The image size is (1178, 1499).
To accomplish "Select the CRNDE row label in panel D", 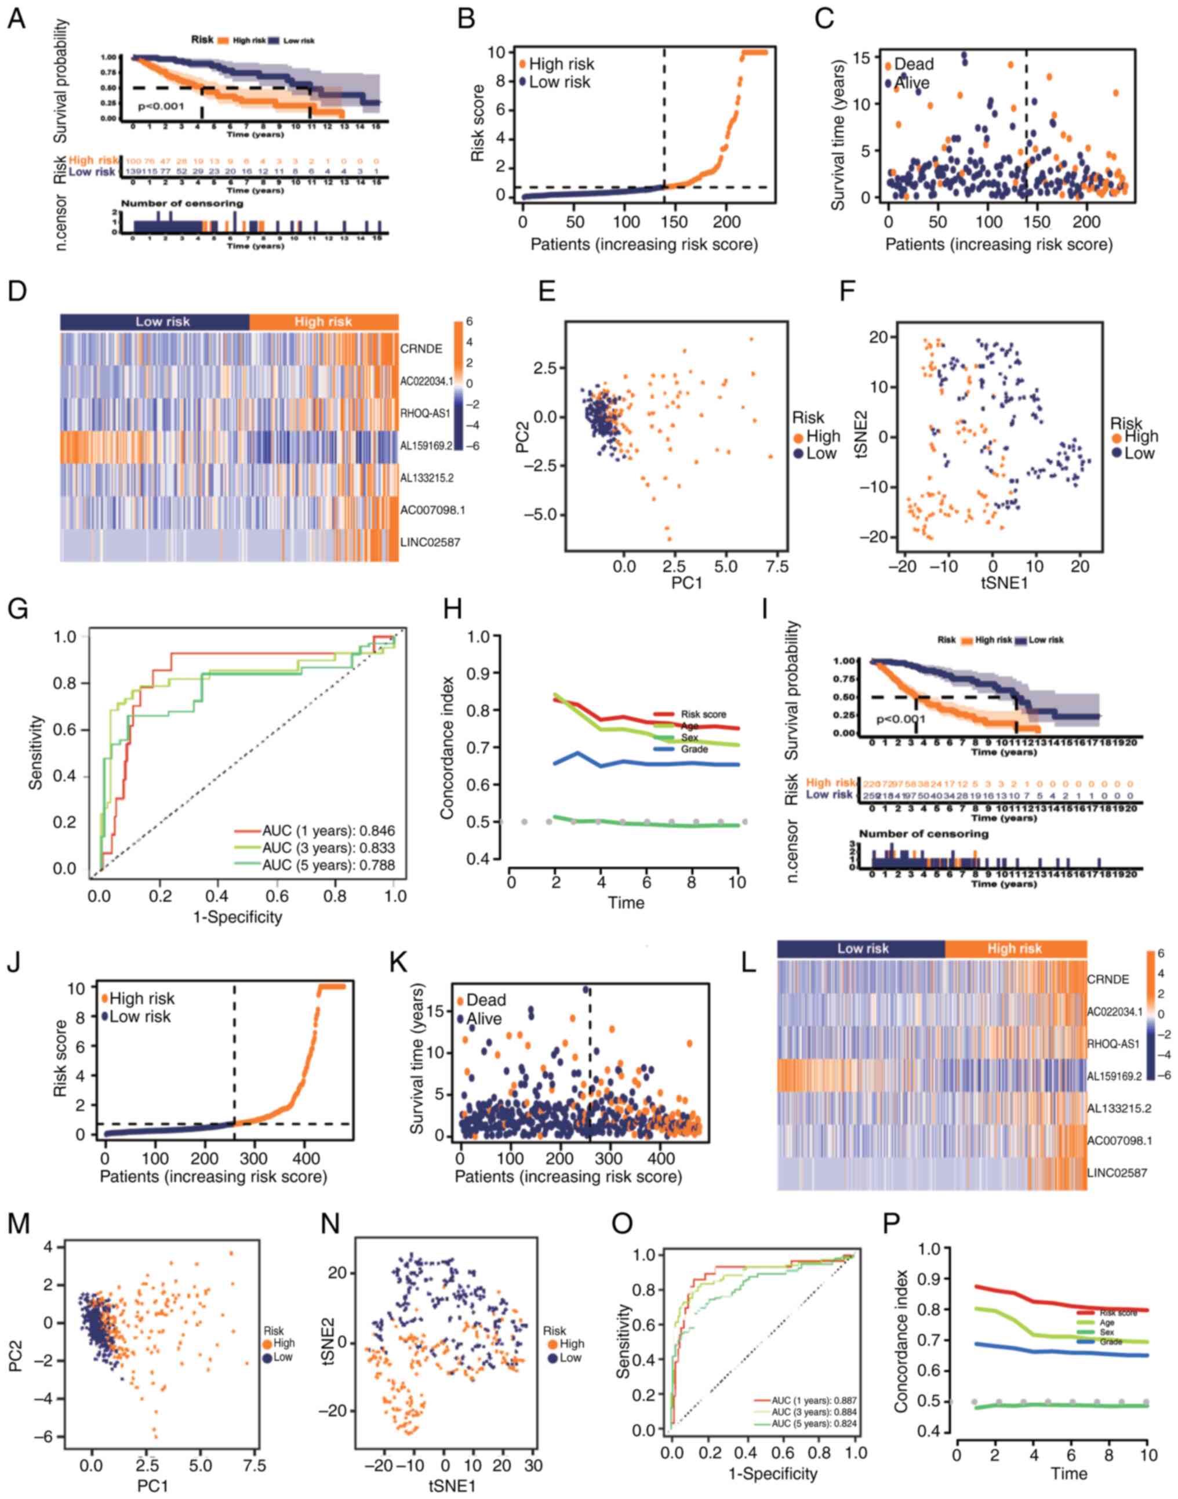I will click(x=421, y=349).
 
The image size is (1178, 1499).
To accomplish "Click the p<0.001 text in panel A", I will click(x=161, y=107).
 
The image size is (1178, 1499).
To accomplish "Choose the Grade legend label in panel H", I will click(x=695, y=749).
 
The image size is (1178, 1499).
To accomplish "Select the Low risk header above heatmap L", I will click(x=863, y=949).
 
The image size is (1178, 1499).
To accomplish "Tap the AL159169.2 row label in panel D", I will click(x=426, y=445).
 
